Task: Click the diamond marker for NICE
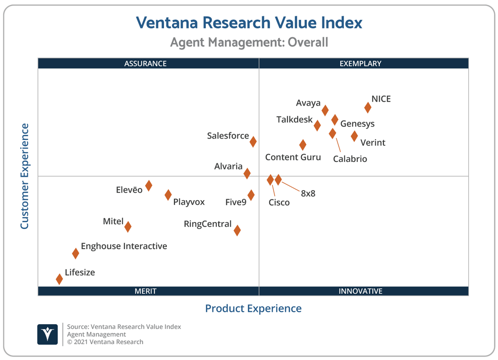pos(368,108)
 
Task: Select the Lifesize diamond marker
pos(59,279)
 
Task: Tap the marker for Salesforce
pos(253,142)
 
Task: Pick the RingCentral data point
pos(237,230)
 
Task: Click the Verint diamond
pos(354,136)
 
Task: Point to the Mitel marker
pos(128,227)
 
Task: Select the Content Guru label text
pos(293,157)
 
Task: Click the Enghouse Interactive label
pos(124,246)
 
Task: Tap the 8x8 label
pos(308,193)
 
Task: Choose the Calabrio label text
pos(350,159)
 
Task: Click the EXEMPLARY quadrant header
pos(360,64)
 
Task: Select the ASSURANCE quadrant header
pos(145,64)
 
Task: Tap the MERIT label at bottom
pos(145,291)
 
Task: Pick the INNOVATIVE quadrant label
pos(360,291)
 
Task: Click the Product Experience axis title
pos(253,309)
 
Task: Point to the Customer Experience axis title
pos(24,176)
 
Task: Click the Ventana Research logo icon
pos(47,334)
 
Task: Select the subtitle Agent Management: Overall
pos(249,42)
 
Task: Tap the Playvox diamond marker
pos(168,195)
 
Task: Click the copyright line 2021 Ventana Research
pos(105,342)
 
